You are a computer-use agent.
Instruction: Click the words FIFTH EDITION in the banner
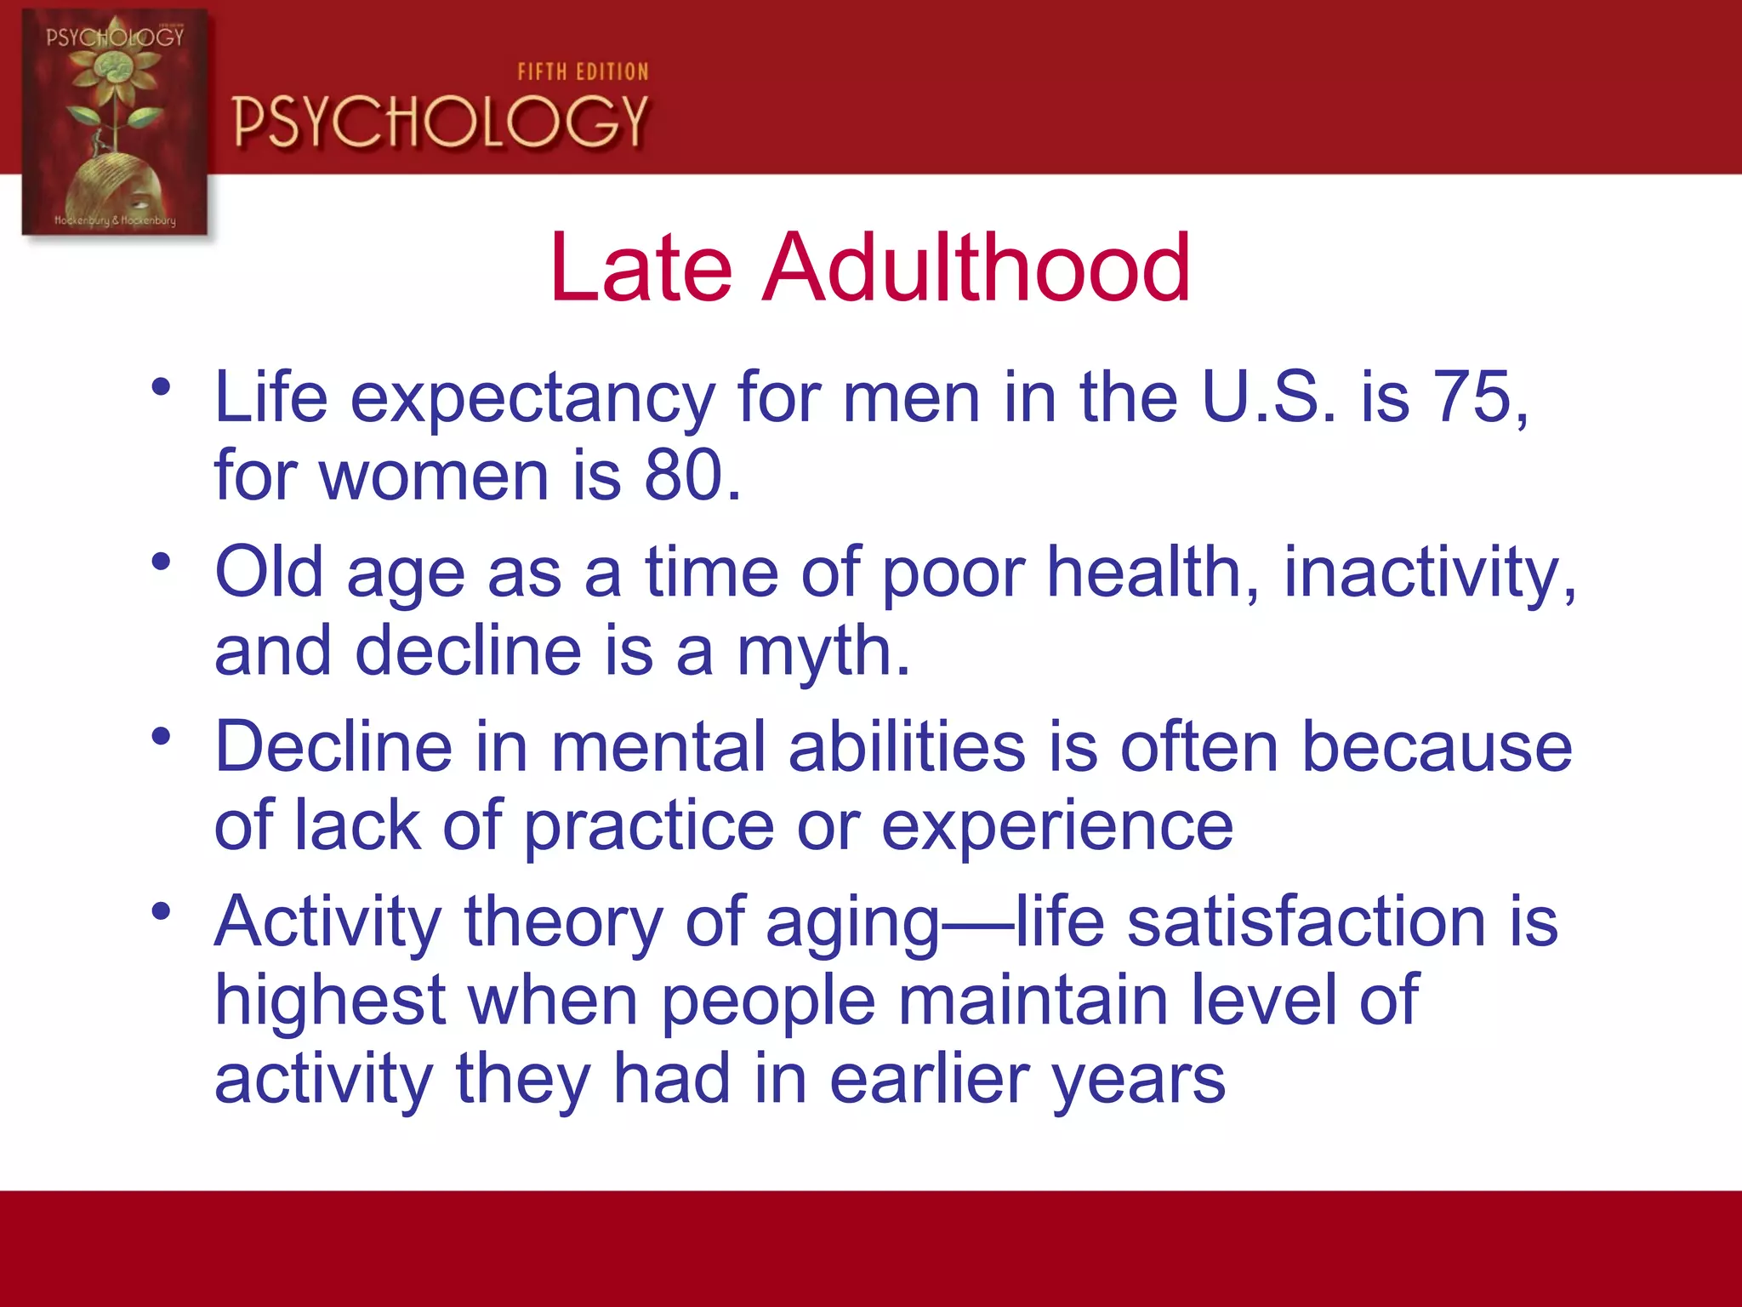(583, 72)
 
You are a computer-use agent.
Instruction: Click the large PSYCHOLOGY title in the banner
(441, 122)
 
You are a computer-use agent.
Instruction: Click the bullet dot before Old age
(161, 562)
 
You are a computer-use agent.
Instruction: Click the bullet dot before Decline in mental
(161, 737)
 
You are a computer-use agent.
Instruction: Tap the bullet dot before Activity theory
(161, 912)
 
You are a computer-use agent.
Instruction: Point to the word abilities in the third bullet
(907, 747)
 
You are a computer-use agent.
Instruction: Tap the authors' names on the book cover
(115, 220)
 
